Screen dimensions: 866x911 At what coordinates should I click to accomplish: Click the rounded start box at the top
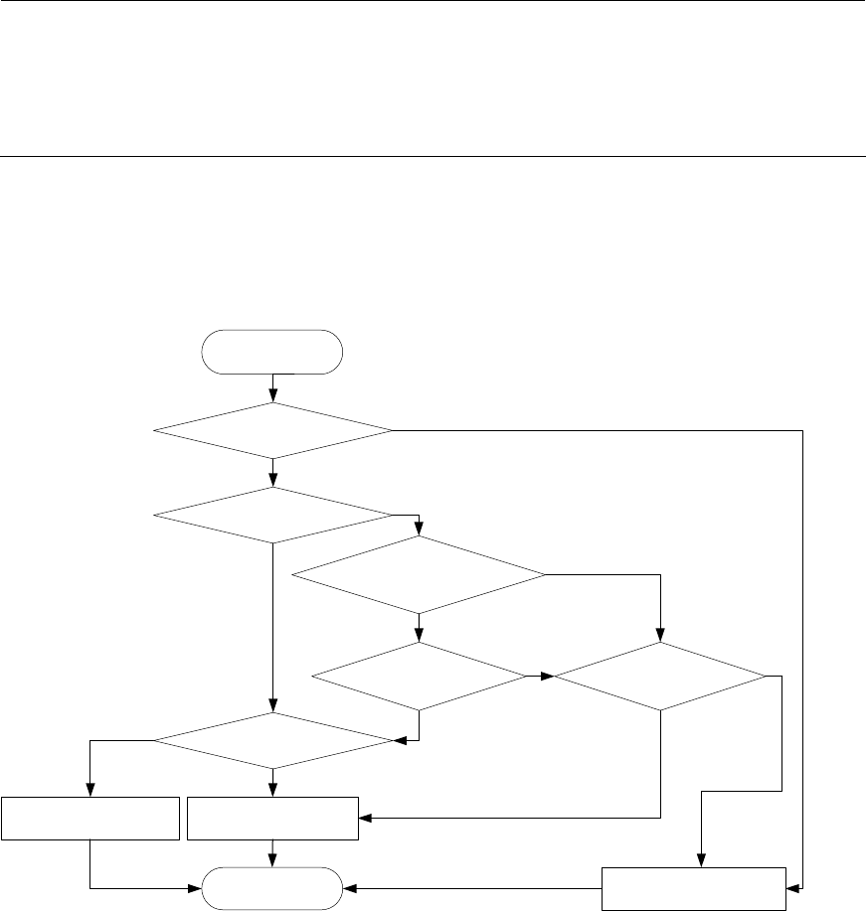coord(271,352)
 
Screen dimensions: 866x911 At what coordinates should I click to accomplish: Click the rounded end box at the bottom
coord(271,888)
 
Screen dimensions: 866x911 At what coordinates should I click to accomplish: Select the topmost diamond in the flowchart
coord(272,430)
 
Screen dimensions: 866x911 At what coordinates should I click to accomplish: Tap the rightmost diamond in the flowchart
coord(660,677)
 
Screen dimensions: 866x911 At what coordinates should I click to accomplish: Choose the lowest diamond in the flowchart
coord(272,740)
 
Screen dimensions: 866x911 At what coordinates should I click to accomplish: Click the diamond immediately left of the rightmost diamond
coord(419,677)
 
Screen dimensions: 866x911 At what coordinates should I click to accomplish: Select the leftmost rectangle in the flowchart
coord(90,818)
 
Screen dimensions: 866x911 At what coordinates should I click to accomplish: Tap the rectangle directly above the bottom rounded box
coord(272,818)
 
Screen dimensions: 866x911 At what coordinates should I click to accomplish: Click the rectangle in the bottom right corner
coord(694,888)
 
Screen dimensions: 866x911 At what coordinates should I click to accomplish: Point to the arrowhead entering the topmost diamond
coord(272,397)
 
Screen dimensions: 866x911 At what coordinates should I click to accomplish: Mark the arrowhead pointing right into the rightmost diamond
coord(548,677)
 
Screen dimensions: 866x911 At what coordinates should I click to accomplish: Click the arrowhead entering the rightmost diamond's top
coord(660,637)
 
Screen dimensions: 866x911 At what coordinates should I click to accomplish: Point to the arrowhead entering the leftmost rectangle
coord(90,791)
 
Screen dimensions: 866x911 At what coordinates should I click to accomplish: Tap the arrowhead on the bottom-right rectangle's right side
coord(791,888)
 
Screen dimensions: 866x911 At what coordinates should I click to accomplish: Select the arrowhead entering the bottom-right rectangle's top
coord(702,861)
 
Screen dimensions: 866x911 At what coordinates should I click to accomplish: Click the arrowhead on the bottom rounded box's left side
coord(197,888)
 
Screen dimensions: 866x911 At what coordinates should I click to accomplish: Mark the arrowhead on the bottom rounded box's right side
coord(347,888)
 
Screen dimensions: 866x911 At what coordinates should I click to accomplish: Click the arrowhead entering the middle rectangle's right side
coord(363,818)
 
